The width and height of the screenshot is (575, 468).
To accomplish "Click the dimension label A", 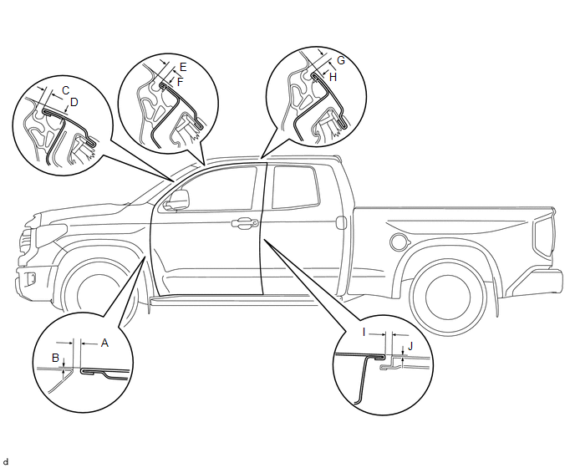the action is click(104, 343).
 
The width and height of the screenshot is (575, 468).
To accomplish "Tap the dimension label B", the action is click(55, 358).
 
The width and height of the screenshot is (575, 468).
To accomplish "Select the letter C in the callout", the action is click(66, 90).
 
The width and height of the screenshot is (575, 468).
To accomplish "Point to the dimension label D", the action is click(74, 102).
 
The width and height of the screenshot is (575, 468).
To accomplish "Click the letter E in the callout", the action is click(183, 67).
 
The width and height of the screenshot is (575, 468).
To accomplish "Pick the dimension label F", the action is click(180, 82).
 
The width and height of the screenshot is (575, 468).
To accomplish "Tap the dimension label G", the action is click(341, 60).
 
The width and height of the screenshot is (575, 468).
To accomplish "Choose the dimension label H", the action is click(333, 77).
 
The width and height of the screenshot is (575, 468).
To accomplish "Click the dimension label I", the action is click(364, 333).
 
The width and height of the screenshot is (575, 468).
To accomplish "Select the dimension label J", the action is click(410, 346).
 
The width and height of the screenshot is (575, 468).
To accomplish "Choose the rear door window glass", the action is click(294, 187).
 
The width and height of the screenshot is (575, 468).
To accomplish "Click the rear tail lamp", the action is click(544, 236).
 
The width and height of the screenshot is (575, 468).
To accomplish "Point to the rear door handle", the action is click(341, 223).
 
